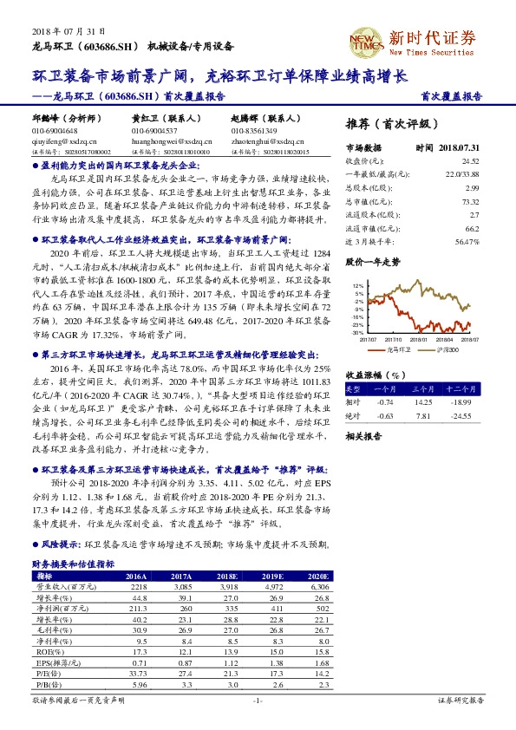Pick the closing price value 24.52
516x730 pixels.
(x=471, y=160)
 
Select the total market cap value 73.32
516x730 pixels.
(x=471, y=199)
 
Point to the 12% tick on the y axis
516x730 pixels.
(x=358, y=284)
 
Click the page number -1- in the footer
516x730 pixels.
(x=257, y=700)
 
